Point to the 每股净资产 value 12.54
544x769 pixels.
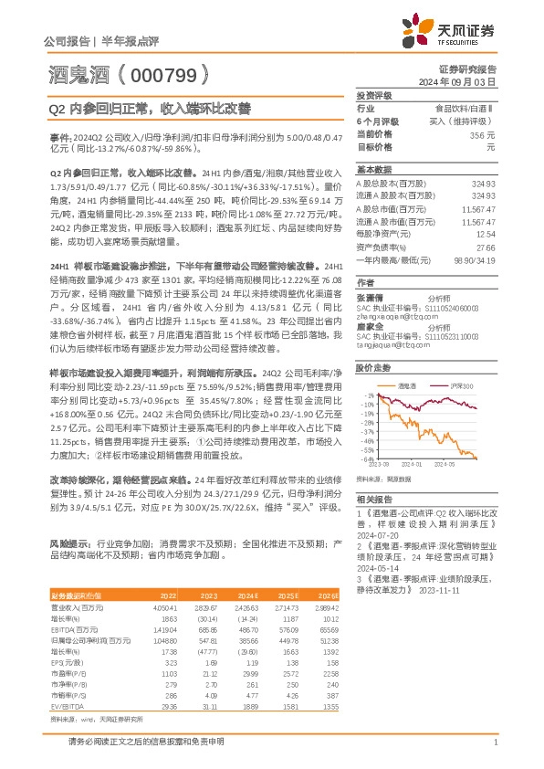[485, 234]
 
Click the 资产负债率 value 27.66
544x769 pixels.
[485, 247]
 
